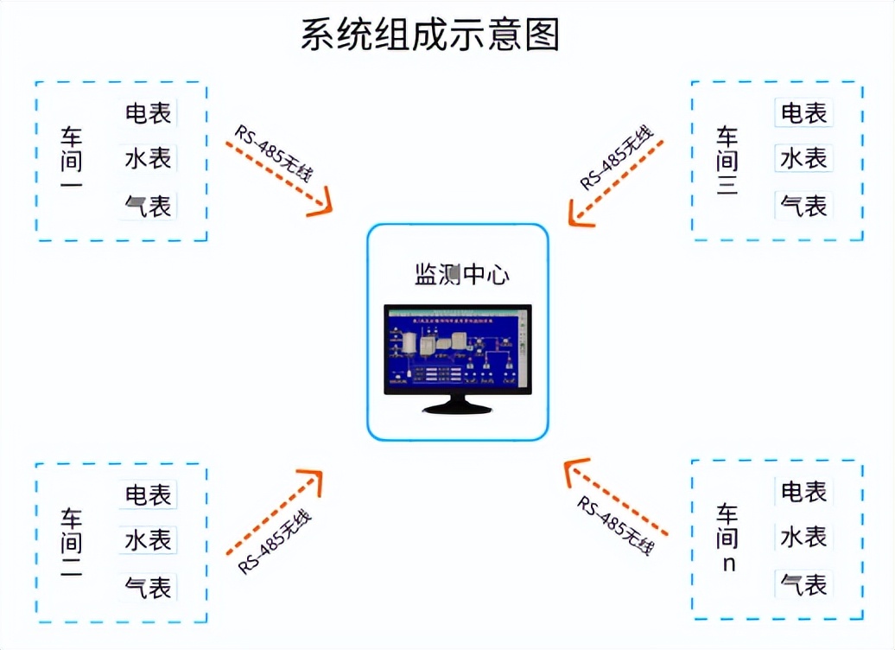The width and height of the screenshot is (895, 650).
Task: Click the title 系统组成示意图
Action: pos(430,35)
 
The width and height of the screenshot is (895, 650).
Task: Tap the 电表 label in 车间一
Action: pos(149,112)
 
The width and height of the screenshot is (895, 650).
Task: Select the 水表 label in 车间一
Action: pos(149,158)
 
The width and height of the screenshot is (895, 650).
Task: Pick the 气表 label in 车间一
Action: pos(149,206)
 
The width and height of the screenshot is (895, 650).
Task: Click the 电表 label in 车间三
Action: pos(803,112)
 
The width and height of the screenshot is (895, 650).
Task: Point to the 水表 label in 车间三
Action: pos(803,158)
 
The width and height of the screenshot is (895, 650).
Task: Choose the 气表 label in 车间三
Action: pos(803,206)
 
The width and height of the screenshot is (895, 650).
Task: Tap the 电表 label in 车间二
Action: pos(149,495)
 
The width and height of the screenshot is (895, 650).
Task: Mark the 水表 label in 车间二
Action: pos(149,540)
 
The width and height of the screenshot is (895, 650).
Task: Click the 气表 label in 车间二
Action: pos(149,587)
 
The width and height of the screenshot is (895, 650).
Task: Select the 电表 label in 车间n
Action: pos(803,492)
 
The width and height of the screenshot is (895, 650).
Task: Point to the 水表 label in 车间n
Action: pos(803,537)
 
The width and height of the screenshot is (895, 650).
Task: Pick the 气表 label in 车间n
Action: pos(803,584)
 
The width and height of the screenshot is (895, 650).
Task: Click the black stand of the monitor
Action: pos(456,404)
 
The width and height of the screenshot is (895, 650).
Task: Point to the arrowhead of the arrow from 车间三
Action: pos(577,213)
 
